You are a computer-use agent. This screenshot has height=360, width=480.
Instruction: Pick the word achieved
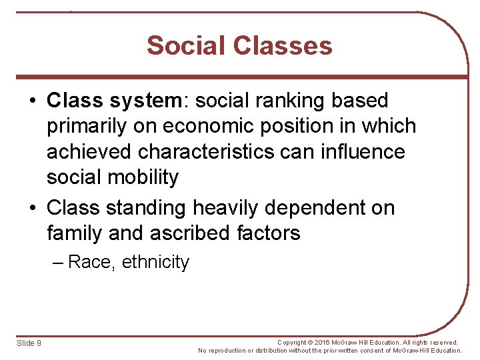tap(89, 151)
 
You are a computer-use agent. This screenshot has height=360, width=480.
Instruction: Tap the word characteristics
tap(206, 151)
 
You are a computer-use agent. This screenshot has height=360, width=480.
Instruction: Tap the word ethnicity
tap(155, 262)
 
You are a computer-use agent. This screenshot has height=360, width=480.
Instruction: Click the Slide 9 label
tap(29, 343)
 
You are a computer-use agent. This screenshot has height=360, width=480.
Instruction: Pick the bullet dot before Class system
tap(32, 101)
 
